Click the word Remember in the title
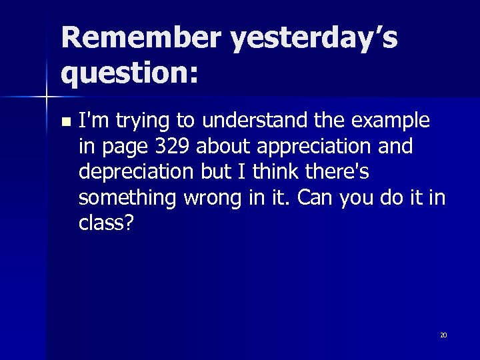coord(141,38)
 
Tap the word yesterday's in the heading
coord(313,39)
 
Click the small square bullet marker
coord(65,122)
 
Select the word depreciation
coord(137,171)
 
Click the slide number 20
coord(443,335)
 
